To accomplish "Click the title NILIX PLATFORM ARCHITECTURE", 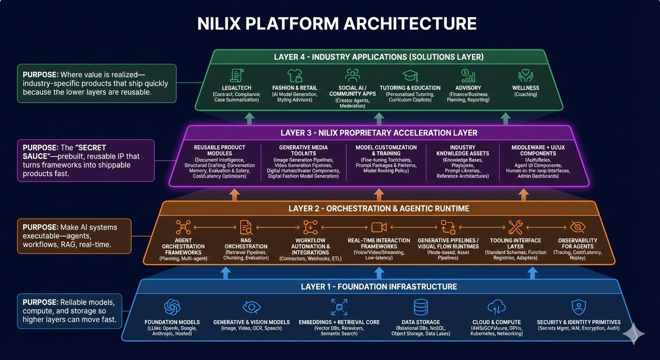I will [337, 23].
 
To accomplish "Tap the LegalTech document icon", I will [236, 75].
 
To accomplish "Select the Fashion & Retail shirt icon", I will [294, 75].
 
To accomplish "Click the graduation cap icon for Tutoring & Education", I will [410, 75].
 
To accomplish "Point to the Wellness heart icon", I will [526, 75].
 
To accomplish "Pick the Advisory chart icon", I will [468, 75].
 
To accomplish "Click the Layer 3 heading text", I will [379, 133].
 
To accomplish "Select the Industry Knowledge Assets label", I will [462, 150].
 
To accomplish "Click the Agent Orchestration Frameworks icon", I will [183, 227].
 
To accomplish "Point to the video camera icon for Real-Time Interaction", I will [379, 227].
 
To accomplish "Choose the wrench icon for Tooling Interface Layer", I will [515, 227].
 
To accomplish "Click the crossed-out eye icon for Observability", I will [577, 227].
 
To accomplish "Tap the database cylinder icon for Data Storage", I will [420, 307].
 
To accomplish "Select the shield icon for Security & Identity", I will [578, 307].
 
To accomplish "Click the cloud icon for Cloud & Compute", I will [496, 307].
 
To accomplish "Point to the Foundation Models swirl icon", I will [172, 307].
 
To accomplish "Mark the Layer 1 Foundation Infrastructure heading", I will [379, 286].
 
